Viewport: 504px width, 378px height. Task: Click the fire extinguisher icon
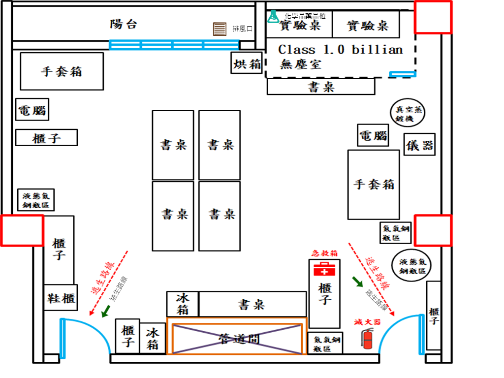[x=367, y=339]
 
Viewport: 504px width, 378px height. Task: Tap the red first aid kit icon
[x=323, y=269]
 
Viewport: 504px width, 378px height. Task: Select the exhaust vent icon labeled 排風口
[x=220, y=29]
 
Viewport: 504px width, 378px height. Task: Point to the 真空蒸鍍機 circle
[x=408, y=113]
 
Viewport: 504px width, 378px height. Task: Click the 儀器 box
[x=420, y=145]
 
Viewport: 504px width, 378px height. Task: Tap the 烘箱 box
[x=247, y=63]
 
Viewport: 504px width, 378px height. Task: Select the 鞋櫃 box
[x=61, y=298]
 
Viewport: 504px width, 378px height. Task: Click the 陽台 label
[x=123, y=24]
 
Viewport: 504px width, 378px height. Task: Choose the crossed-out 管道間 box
[x=237, y=339]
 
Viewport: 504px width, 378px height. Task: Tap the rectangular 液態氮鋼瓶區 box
[x=36, y=200]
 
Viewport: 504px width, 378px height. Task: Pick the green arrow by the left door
[x=105, y=312]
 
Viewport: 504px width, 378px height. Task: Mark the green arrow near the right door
[x=357, y=282]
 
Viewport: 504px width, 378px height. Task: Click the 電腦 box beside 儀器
[x=373, y=135]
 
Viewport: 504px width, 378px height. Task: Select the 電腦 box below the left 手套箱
[x=33, y=110]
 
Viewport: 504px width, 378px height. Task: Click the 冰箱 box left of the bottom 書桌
[x=183, y=304]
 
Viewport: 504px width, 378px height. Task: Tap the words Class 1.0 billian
[x=340, y=50]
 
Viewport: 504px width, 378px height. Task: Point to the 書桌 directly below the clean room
[x=321, y=87]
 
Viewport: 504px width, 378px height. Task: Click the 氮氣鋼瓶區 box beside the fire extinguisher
[x=325, y=343]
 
